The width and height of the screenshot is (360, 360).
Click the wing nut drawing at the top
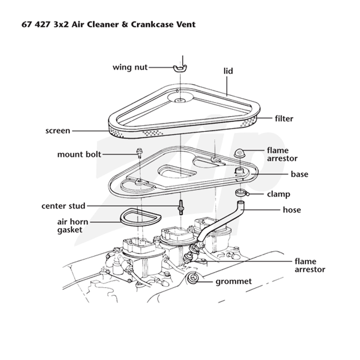180,68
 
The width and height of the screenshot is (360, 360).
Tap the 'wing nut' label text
130,67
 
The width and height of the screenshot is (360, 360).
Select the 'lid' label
228,71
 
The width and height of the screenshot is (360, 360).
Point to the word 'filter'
284,118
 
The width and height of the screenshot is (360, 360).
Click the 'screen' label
58,130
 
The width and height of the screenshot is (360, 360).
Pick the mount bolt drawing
139,153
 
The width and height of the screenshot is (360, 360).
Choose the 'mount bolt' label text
79,154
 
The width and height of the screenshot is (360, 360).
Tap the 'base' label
299,174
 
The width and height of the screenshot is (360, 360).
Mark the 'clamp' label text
279,194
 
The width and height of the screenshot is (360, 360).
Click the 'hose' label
292,210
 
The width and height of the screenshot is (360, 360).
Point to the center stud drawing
181,207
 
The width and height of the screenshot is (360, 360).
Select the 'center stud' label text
63,206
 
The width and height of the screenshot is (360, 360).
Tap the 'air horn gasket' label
72,226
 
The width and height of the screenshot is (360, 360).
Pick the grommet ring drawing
193,278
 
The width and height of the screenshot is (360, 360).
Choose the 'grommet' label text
234,282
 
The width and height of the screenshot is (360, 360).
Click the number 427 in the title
42,24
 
